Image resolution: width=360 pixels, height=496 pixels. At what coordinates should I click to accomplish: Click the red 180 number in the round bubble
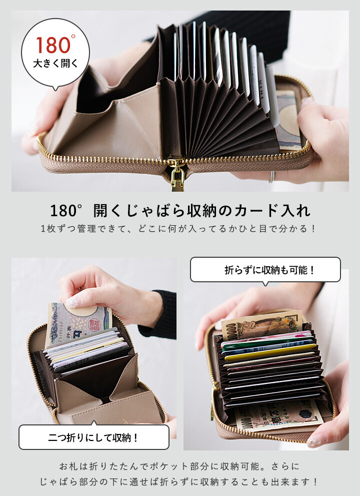coord(53,46)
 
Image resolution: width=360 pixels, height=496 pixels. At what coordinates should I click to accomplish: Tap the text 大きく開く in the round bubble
coord(55,64)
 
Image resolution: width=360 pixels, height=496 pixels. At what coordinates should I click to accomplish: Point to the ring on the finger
coord(271,177)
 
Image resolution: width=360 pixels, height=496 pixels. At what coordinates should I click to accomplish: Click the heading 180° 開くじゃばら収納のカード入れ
coord(180,211)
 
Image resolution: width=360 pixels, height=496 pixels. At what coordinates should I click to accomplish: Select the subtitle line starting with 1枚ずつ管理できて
coord(178,228)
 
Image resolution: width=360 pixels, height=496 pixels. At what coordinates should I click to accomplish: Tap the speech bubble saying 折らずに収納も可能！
coord(265,270)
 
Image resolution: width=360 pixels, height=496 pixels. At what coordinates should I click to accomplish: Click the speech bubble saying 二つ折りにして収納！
coord(94,437)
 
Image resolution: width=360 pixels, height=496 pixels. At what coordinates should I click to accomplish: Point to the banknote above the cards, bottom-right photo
coord(261,325)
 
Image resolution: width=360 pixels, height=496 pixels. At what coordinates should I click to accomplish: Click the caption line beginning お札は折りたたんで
coord(179,466)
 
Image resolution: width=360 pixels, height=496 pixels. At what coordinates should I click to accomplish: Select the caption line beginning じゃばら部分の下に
coord(179,482)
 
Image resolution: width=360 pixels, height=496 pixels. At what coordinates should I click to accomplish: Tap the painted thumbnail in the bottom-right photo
coord(315,441)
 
